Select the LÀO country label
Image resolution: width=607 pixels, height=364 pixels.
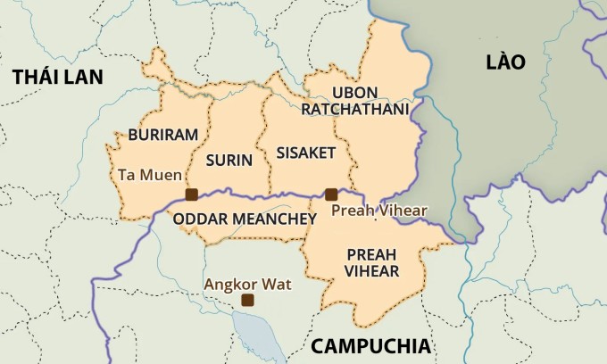pyautogui.click(x=505, y=62)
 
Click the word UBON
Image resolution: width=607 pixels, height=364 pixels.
pyautogui.click(x=354, y=92)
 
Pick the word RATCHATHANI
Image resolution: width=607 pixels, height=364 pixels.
pyautogui.click(x=354, y=109)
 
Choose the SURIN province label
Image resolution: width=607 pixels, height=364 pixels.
pyautogui.click(x=229, y=161)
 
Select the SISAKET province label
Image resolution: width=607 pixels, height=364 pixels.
pyautogui.click(x=305, y=153)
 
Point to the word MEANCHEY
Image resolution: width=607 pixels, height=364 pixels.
pyautogui.click(x=277, y=219)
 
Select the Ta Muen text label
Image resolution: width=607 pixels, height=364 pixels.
pyautogui.click(x=149, y=175)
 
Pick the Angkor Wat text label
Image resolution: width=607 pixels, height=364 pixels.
pyautogui.click(x=245, y=284)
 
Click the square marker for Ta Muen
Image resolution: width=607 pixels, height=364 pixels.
pyautogui.click(x=190, y=194)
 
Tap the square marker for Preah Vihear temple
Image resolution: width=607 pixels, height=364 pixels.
pyautogui.click(x=331, y=194)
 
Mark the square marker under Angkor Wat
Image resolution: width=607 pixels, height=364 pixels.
pyautogui.click(x=247, y=301)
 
